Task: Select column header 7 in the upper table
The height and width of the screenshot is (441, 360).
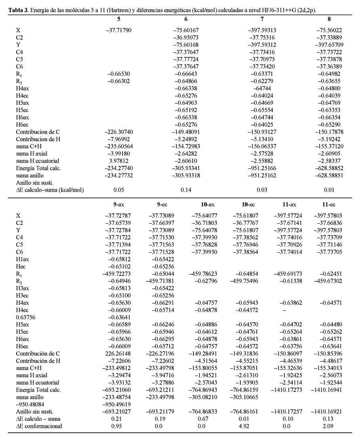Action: click(x=261, y=19)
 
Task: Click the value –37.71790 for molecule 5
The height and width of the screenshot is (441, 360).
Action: click(x=119, y=30)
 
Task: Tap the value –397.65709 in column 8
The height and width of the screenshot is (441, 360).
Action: click(x=329, y=44)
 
